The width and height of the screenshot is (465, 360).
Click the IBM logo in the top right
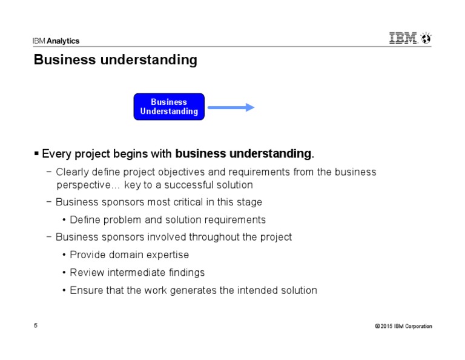coord(403,39)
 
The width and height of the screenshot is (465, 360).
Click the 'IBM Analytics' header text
coord(56,41)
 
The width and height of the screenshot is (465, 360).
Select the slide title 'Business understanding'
coord(115,60)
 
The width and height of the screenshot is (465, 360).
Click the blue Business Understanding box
coord(169,107)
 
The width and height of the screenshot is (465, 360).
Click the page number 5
coord(36,326)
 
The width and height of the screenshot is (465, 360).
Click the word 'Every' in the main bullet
coord(55,153)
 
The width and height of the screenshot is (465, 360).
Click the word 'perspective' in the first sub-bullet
coord(84,185)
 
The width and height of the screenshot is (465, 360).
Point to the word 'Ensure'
coord(86,290)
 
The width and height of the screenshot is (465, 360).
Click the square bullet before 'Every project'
coord(37,153)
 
